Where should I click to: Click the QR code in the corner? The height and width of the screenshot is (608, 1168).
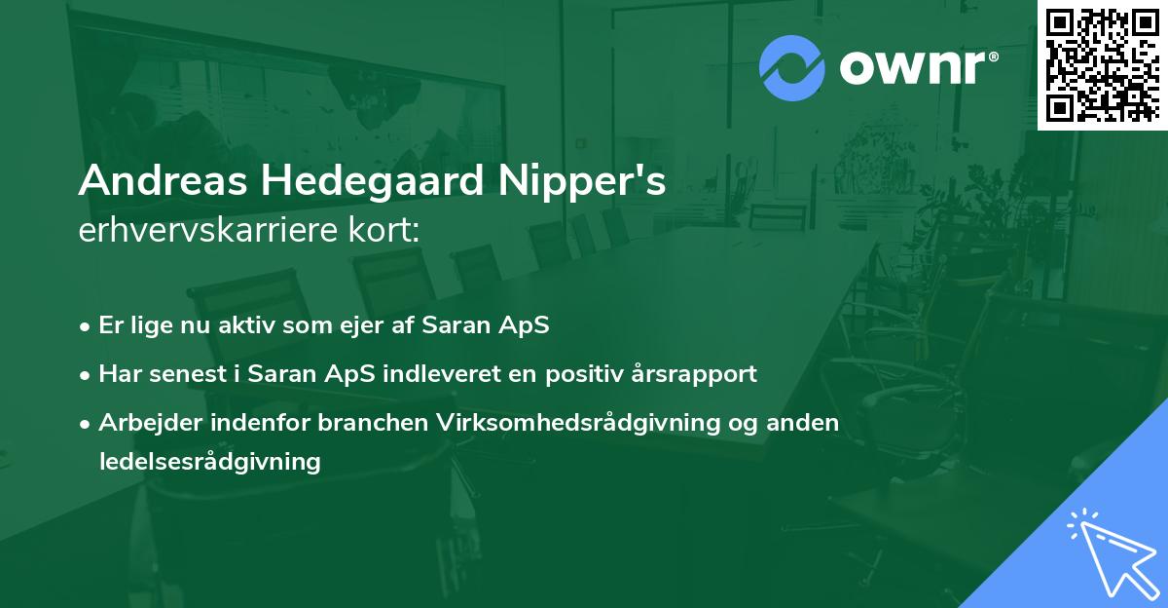point(1102,64)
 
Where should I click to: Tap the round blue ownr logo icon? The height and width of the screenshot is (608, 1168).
point(792,67)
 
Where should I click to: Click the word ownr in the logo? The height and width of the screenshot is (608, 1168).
point(911,67)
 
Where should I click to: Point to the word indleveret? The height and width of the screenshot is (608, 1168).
point(456,373)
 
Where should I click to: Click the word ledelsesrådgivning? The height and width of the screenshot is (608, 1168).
point(209,461)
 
